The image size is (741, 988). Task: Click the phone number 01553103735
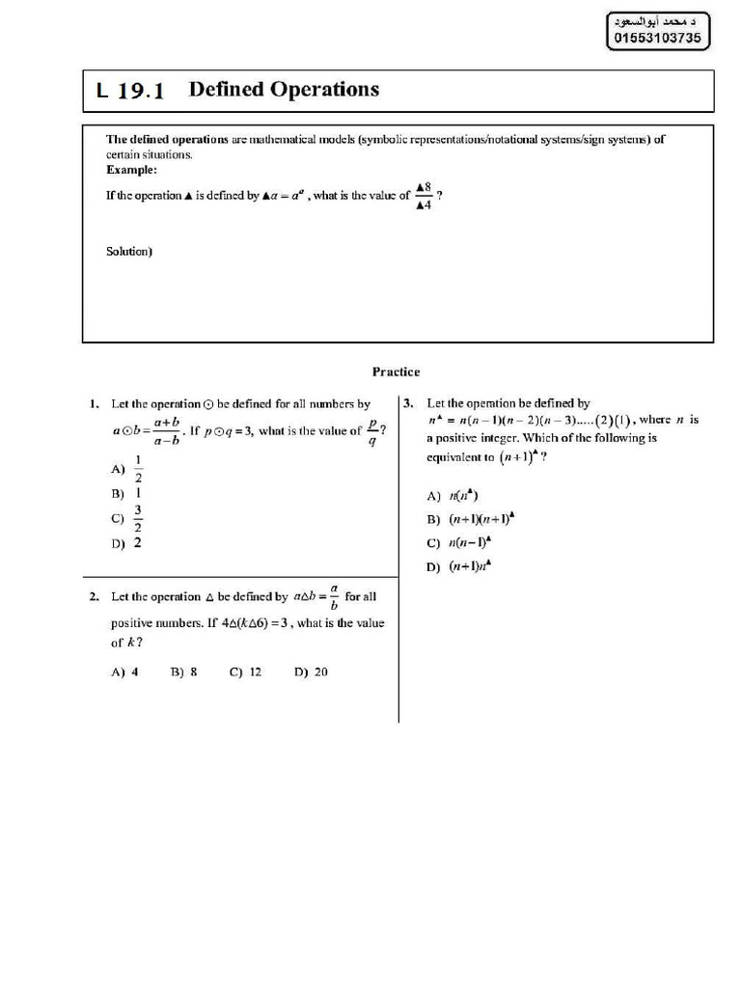click(x=658, y=38)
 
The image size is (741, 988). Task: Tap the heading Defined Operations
click(x=284, y=90)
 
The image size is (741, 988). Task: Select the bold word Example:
click(x=131, y=170)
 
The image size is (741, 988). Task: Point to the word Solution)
click(x=129, y=252)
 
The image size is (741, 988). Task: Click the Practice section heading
click(x=397, y=371)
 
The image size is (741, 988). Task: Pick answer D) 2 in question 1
click(x=127, y=543)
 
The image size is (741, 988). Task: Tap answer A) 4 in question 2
click(x=125, y=672)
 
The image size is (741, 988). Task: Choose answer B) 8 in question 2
click(x=184, y=672)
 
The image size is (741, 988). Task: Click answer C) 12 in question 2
click(x=246, y=672)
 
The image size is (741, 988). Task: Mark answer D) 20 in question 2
click(x=312, y=672)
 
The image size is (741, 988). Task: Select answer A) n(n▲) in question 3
click(x=453, y=496)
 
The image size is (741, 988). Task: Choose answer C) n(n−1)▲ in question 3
click(x=462, y=543)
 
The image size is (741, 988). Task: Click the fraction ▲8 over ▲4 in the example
click(x=423, y=196)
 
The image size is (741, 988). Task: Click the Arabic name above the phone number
click(x=658, y=19)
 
